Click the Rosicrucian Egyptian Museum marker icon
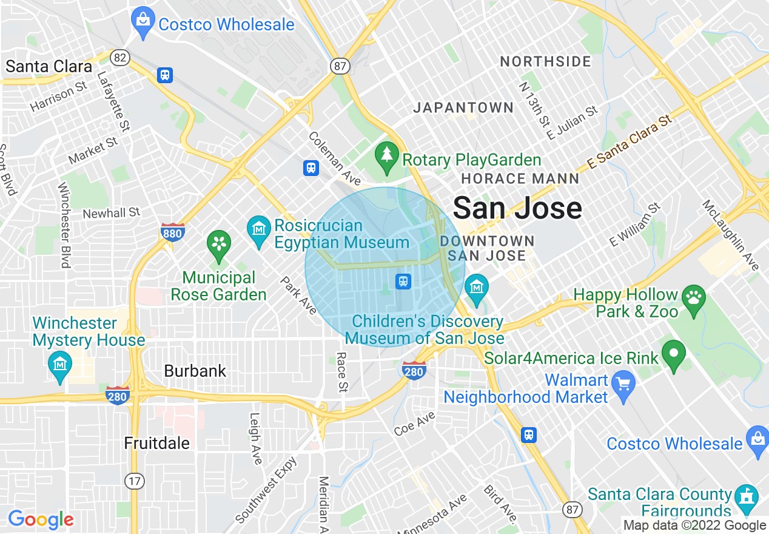pos(259,230)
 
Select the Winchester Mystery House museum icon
pos(59,365)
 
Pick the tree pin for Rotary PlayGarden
pos(386,156)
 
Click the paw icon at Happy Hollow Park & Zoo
pos(693,298)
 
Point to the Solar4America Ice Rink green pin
pos(673,354)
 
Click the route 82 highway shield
pos(119,58)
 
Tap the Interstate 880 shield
pos(172,232)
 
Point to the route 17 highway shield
pos(135,481)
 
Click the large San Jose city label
pos(517,208)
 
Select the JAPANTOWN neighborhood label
pos(463,108)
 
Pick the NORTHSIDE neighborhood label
pos(545,61)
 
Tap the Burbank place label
pos(195,371)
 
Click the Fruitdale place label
pos(157,443)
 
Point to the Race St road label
pos(342,371)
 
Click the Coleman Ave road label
pos(334,159)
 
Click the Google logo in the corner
pos(41,519)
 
